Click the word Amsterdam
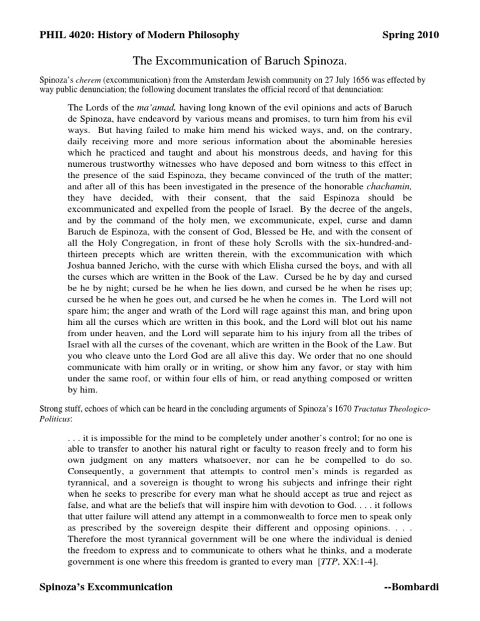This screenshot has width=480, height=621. tap(182, 80)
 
